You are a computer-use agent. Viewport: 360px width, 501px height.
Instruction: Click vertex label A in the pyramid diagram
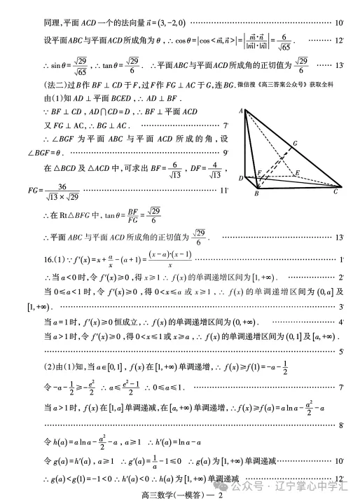click(240, 111)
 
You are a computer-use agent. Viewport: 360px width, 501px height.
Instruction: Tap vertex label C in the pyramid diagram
click(336, 191)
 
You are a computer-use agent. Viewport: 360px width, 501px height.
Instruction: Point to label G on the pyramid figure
click(296, 144)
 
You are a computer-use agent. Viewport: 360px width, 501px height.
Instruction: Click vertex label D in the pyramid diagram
click(241, 179)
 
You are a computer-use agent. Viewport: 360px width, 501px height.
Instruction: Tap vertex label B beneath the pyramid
click(256, 193)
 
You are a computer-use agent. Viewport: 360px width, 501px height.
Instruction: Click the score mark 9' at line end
click(226, 151)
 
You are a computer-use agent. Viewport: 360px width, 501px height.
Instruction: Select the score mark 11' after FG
click(224, 190)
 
